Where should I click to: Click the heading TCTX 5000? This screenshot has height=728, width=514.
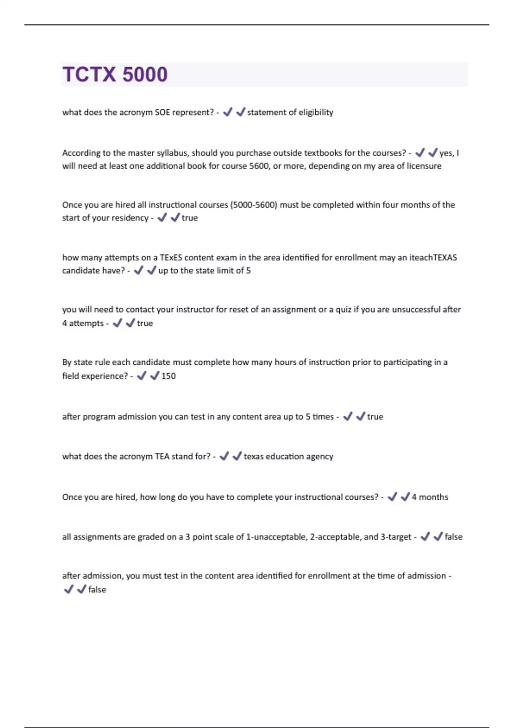tap(115, 75)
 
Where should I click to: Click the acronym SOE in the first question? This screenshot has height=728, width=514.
tap(162, 112)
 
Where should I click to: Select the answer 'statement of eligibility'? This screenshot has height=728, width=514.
tap(290, 112)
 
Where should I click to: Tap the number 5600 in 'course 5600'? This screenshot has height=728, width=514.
tap(258, 166)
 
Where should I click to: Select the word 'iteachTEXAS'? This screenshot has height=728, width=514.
tap(433, 257)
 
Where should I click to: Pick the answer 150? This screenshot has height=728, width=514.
tap(168, 376)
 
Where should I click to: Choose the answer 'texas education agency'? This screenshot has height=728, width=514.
tap(288, 456)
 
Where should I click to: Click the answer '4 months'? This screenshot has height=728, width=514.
tap(430, 497)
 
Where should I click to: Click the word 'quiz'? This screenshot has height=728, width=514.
tap(343, 310)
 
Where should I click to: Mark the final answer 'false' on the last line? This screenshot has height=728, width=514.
tap(97, 590)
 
